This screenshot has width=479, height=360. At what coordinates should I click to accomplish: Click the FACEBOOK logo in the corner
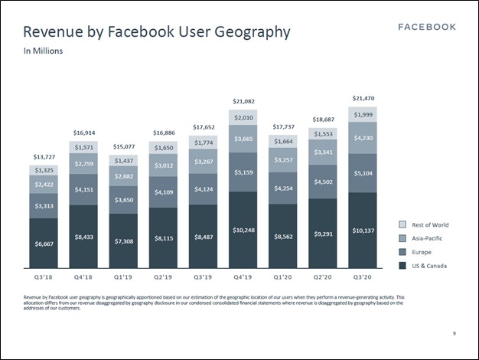click(428, 27)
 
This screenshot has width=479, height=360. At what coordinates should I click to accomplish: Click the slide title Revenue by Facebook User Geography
click(157, 32)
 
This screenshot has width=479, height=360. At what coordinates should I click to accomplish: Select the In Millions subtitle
click(43, 52)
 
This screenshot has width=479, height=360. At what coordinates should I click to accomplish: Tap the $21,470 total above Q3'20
click(363, 98)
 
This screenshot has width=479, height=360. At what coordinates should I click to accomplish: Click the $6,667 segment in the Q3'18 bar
click(44, 243)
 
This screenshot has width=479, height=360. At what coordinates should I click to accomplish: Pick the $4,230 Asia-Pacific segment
click(363, 139)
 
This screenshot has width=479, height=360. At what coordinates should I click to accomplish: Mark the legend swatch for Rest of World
click(402, 224)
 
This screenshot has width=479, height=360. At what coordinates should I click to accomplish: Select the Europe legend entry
click(422, 251)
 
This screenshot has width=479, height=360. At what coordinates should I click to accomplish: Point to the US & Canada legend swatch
click(402, 265)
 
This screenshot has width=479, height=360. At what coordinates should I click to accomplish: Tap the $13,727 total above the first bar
click(44, 157)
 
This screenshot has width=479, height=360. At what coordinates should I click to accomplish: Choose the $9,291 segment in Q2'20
click(324, 234)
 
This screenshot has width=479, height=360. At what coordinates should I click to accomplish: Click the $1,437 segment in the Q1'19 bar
click(124, 160)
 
